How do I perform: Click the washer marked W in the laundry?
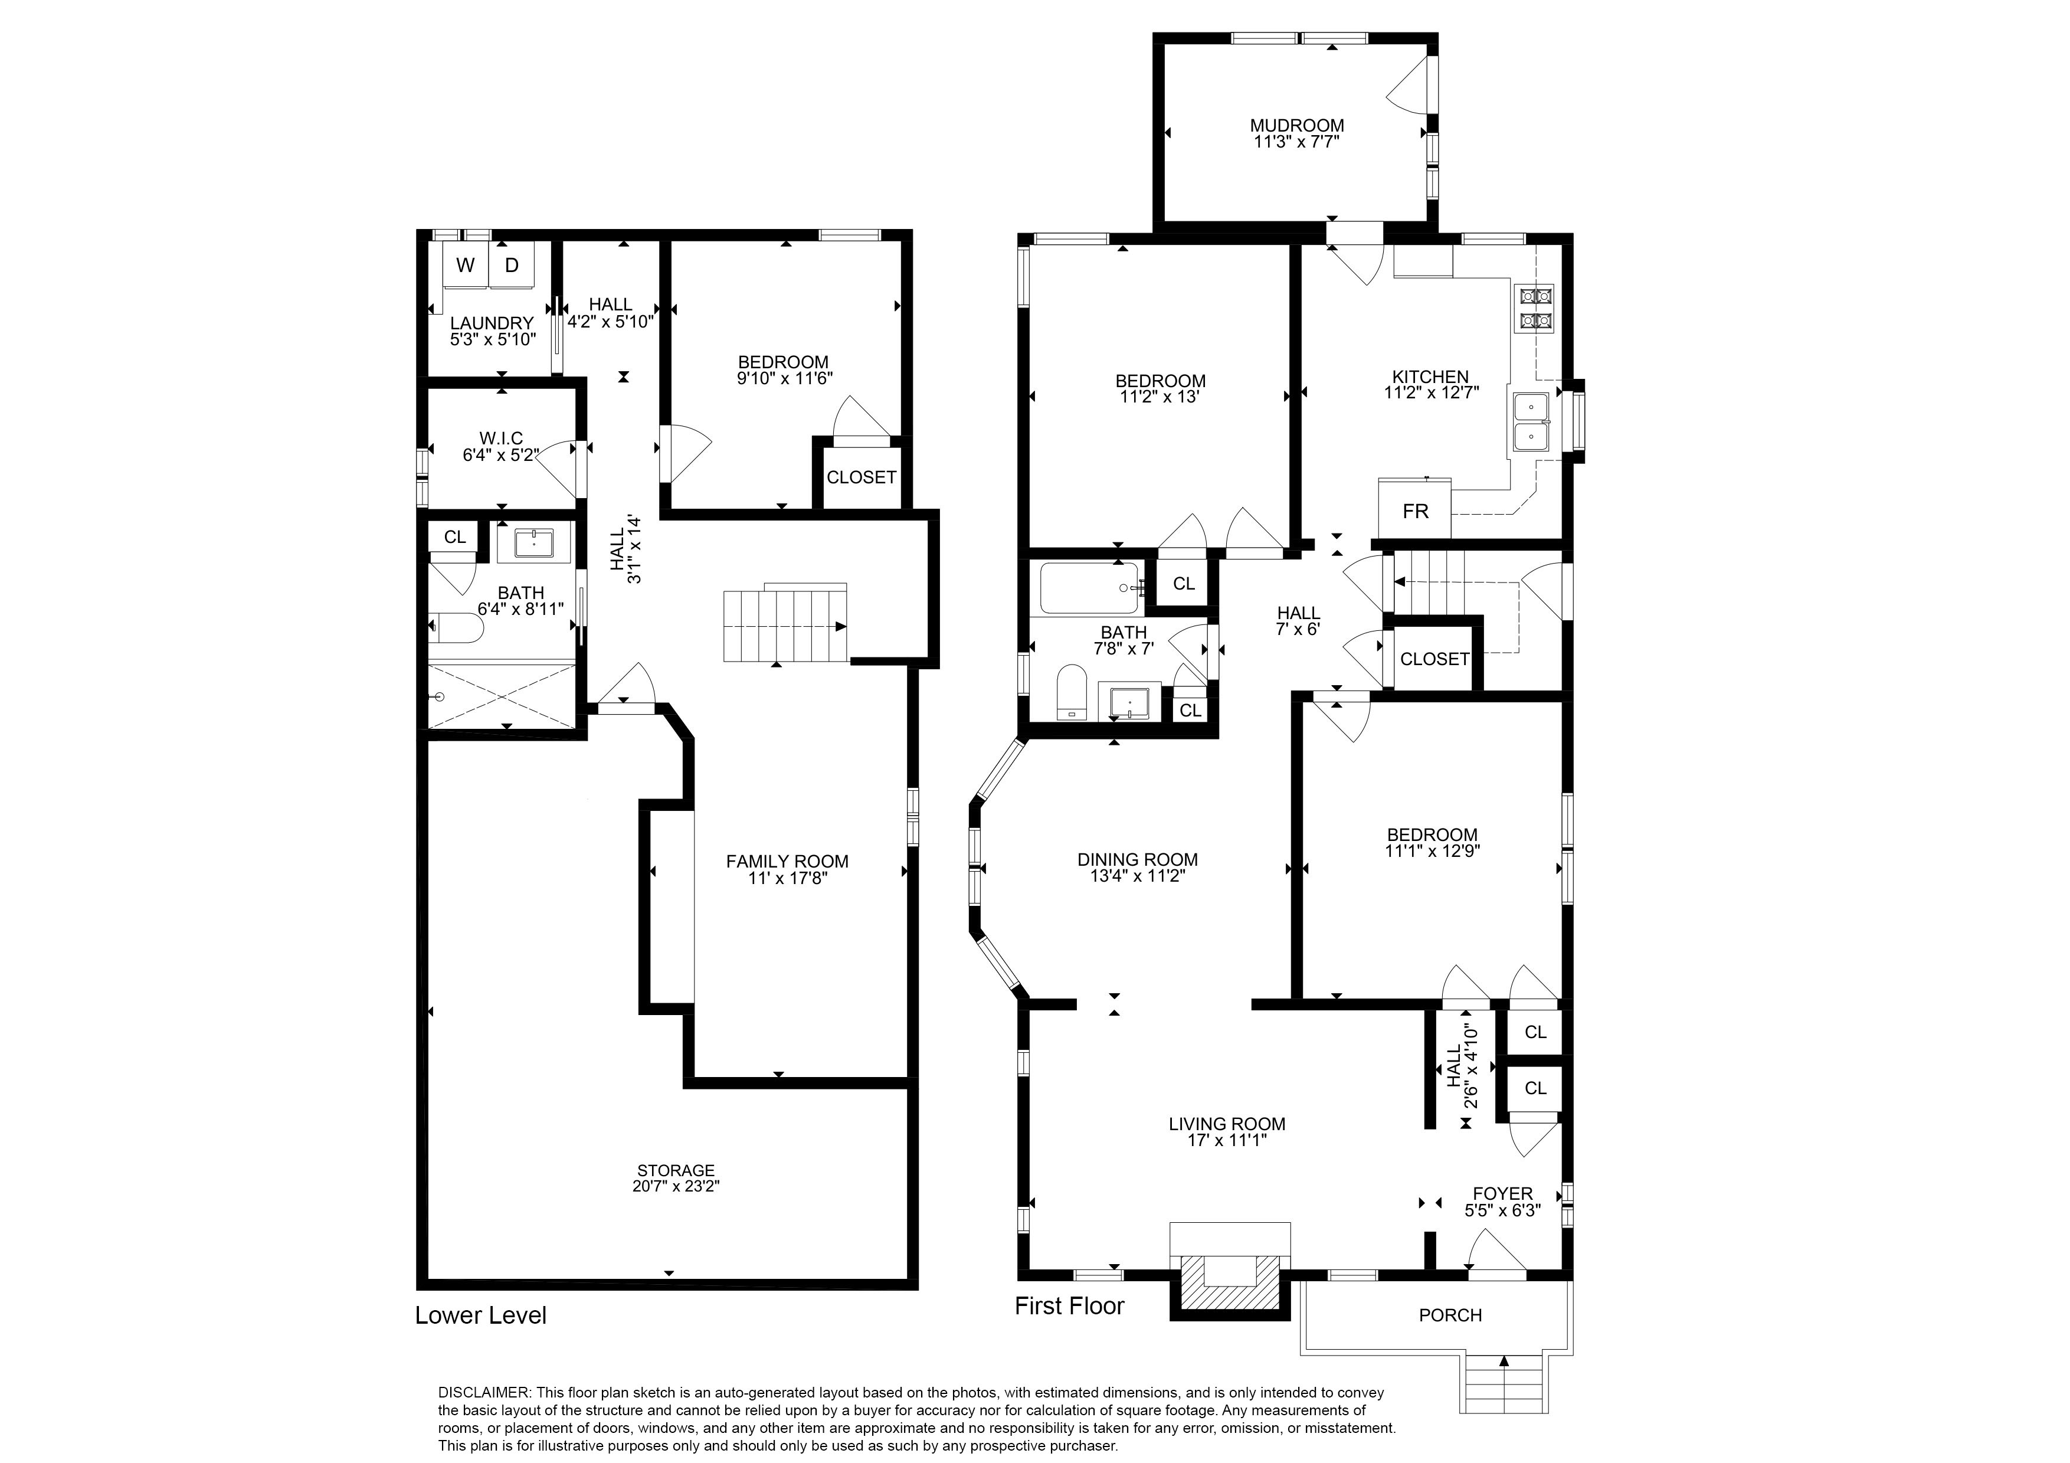pyautogui.click(x=465, y=265)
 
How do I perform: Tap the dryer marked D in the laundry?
pyautogui.click(x=511, y=265)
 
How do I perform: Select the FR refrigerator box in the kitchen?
pyautogui.click(x=1414, y=511)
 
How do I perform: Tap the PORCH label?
pyautogui.click(x=1450, y=1315)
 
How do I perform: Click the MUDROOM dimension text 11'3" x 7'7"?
pyautogui.click(x=1296, y=142)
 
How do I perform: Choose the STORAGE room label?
pyautogui.click(x=675, y=1170)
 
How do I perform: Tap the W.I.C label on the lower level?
pyautogui.click(x=501, y=438)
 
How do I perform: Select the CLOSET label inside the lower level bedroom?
pyautogui.click(x=861, y=477)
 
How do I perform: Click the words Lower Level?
pyautogui.click(x=480, y=1315)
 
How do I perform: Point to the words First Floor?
pyautogui.click(x=1069, y=1306)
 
